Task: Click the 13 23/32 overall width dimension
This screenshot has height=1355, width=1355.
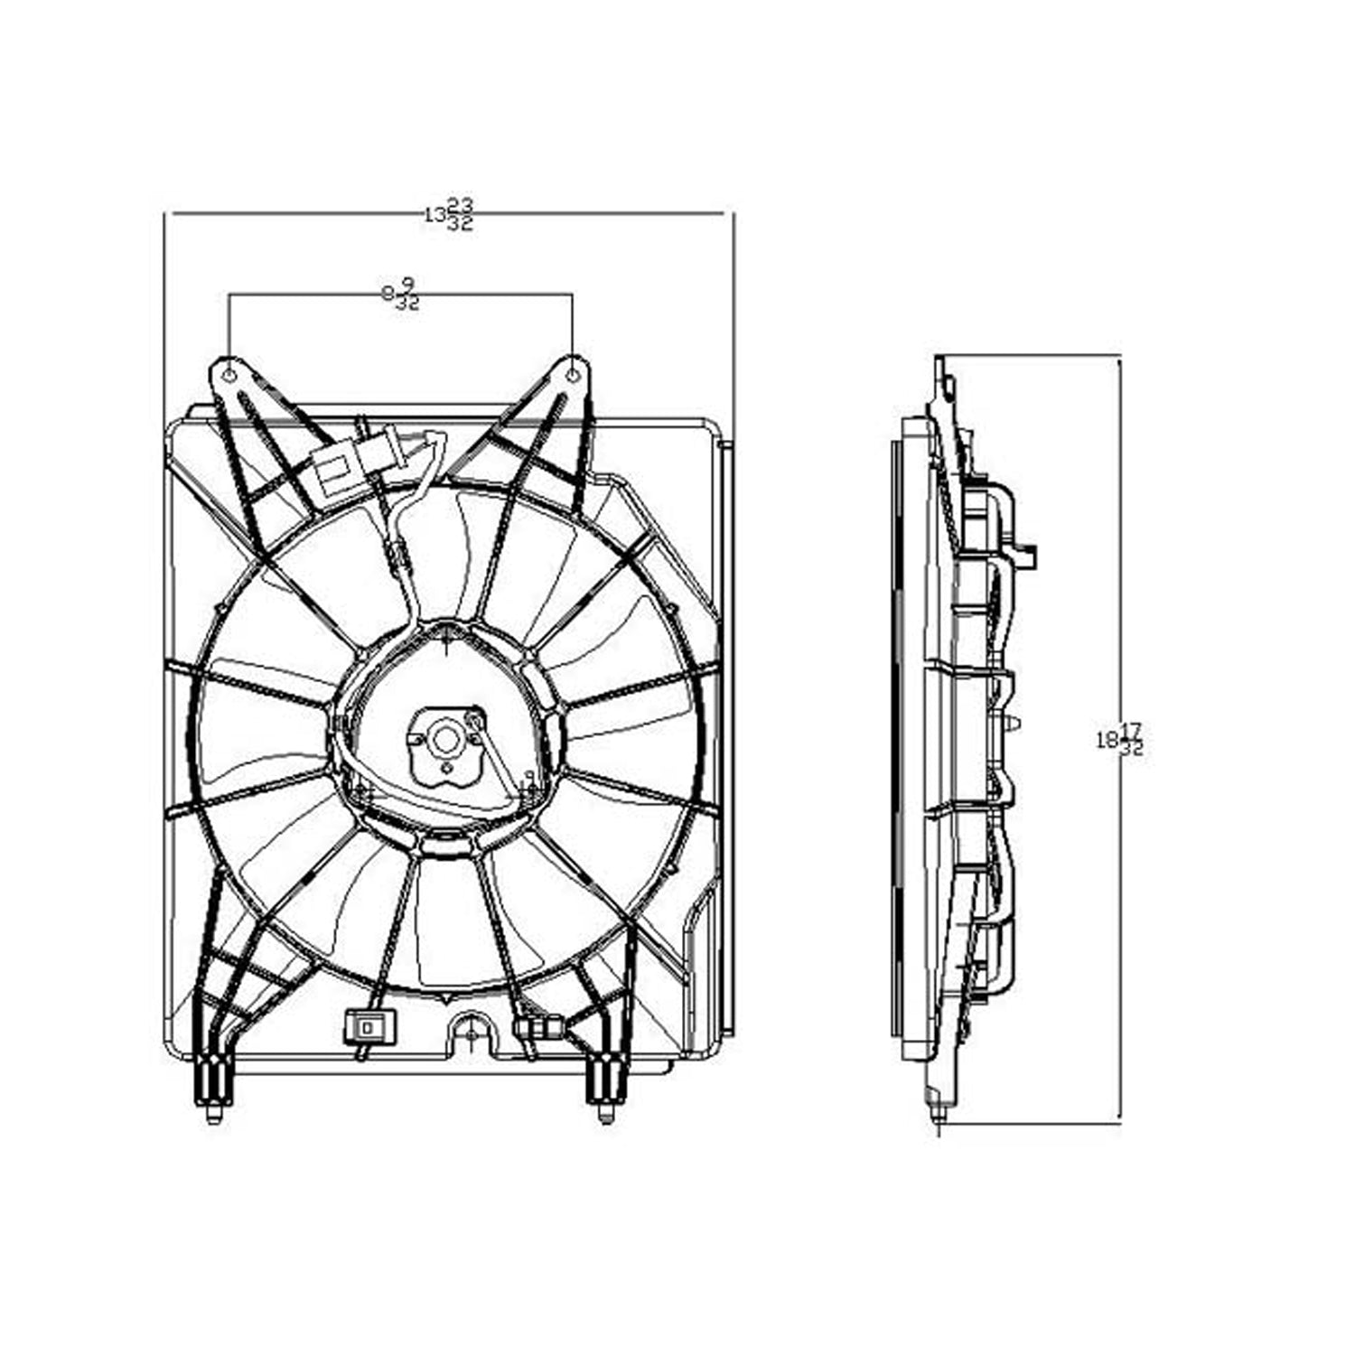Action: [449, 215]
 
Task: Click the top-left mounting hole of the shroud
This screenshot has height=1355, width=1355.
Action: [229, 374]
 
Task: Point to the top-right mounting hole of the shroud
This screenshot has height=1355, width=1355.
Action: [572, 374]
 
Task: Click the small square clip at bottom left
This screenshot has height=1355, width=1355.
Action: [365, 1027]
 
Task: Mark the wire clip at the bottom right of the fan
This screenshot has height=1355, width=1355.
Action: [537, 1027]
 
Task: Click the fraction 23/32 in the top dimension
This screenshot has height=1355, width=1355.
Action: [460, 215]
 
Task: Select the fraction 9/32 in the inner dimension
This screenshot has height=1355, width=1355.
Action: [407, 294]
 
